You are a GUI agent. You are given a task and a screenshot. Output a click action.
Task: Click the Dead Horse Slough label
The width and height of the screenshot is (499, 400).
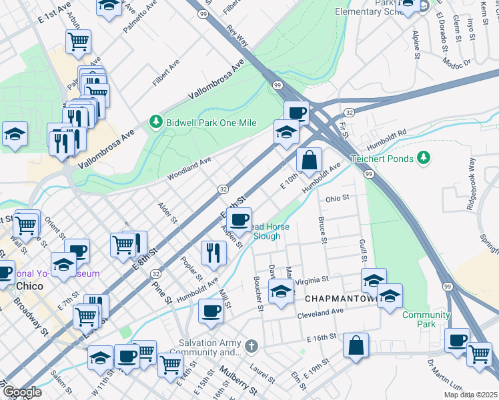270,231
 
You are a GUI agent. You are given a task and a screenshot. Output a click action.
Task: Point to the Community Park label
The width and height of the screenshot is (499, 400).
426,319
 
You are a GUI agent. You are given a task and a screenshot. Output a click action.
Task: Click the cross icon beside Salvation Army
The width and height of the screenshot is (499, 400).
251,346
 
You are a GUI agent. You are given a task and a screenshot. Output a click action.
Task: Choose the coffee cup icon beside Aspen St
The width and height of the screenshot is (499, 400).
239,219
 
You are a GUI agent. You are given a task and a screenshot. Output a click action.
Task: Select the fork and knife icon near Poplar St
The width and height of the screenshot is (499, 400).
213,253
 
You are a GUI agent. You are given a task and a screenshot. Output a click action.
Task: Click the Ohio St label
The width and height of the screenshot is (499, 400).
338,199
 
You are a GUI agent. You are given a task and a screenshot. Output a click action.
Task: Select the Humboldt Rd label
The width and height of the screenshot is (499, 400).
387,141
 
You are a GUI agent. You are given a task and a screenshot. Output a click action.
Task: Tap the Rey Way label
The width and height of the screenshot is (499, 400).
237,37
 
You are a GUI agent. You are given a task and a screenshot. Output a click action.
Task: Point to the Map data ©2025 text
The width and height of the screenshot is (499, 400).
470,395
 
